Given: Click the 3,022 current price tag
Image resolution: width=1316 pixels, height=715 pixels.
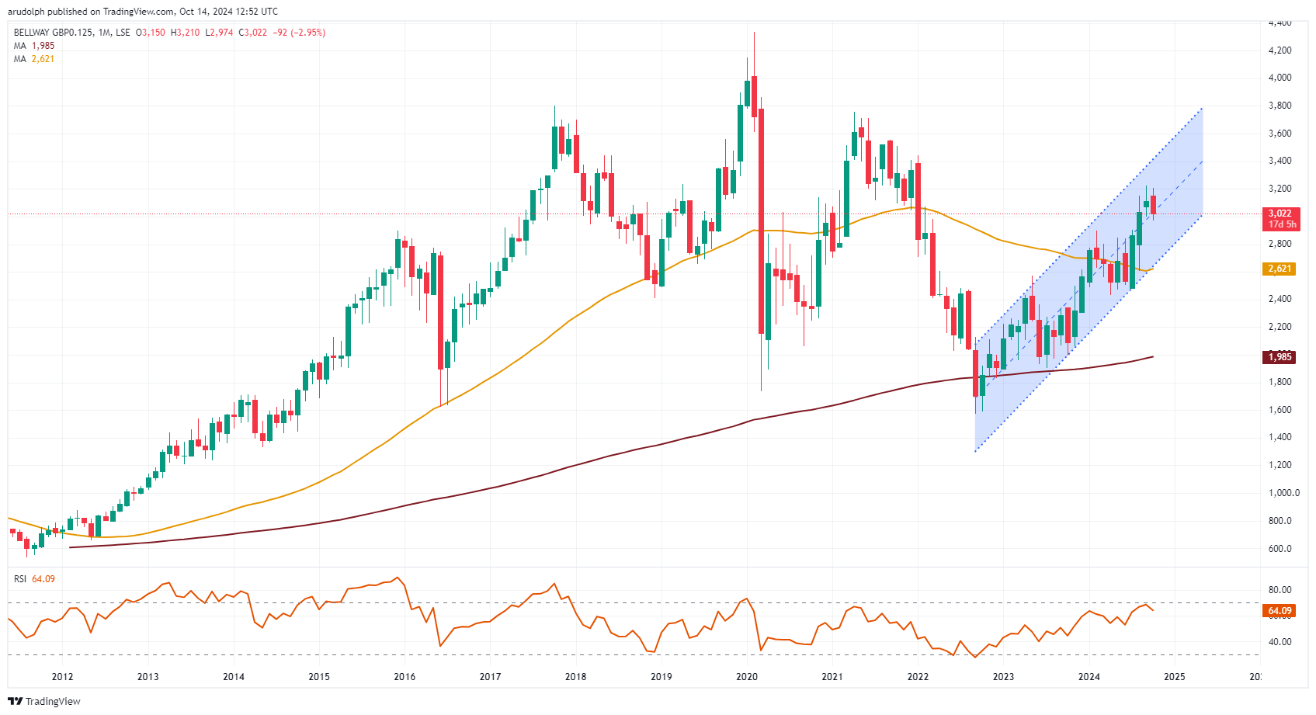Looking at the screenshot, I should point(1280,213).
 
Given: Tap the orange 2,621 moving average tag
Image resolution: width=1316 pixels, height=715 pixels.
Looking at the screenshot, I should point(1280,269).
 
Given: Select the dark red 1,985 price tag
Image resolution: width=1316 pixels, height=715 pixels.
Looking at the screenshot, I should point(1280,357).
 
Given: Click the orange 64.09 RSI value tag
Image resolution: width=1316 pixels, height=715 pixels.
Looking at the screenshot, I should point(1280,611).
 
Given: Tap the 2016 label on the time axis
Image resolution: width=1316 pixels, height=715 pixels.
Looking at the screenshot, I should point(405,677).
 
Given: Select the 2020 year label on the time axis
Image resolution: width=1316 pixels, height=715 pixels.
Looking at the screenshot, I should point(746,677).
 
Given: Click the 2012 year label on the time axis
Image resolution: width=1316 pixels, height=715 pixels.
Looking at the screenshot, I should point(62,677).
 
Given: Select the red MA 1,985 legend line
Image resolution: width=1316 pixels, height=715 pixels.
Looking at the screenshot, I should point(34,46).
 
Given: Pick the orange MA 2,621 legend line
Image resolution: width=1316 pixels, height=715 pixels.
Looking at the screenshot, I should point(34,59).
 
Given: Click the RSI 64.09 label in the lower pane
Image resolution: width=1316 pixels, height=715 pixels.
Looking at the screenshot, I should point(34,579).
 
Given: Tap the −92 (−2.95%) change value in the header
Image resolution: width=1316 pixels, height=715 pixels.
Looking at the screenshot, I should point(299,33).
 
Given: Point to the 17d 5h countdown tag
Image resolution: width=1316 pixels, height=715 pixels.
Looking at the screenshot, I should point(1282,224).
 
